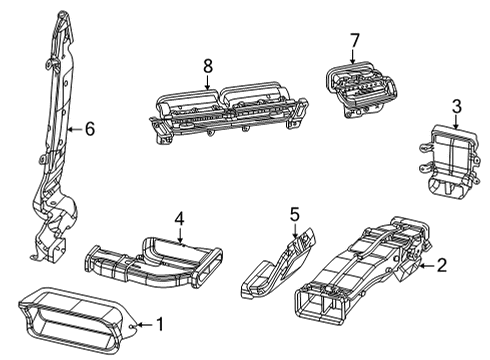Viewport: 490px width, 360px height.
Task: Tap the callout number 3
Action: (x=456, y=105)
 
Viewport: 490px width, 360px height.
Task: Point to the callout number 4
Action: (x=179, y=217)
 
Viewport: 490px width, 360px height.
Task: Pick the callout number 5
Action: (x=294, y=213)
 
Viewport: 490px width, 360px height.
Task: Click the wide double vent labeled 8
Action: (x=225, y=113)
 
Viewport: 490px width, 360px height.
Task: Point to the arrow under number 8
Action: (x=208, y=85)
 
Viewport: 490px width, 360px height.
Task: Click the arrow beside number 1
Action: (x=137, y=325)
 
